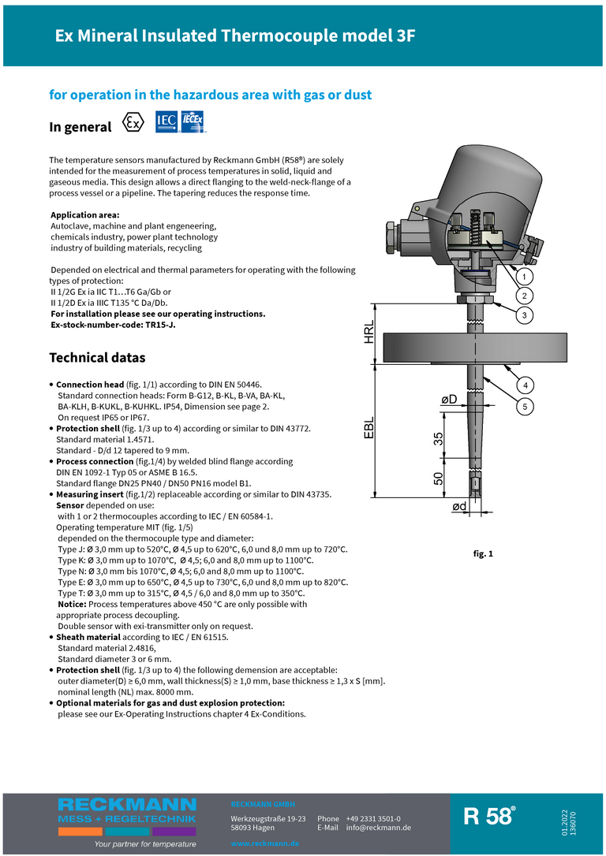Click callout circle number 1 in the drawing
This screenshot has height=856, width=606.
coord(522,277)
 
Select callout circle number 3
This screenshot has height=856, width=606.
coord(522,315)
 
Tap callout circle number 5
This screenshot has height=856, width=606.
coord(522,406)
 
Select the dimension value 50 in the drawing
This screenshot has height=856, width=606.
coord(439,478)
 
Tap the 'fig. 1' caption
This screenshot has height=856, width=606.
coord(483,554)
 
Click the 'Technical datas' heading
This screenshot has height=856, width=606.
coord(97,358)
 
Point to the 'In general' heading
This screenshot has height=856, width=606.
coord(80,127)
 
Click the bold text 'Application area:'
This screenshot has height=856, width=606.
coord(85,215)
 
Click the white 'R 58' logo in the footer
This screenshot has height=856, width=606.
coord(489,817)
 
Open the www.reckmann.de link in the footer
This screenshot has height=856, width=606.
coord(265,843)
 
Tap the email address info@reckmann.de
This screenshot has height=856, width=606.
coord(379,828)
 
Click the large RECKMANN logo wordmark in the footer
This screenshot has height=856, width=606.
coord(127,804)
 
